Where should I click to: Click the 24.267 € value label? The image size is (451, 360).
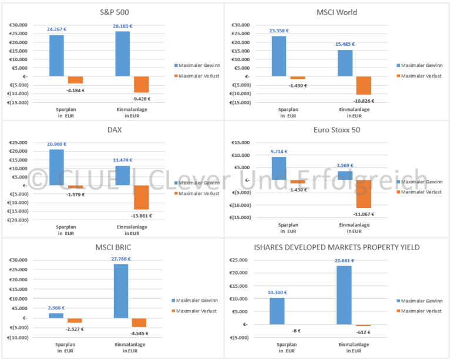[x=56, y=28]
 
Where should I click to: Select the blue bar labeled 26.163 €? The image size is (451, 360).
[x=123, y=54]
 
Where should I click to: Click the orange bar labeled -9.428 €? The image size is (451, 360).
[x=142, y=85]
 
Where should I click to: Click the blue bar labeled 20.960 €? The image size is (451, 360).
[x=56, y=167]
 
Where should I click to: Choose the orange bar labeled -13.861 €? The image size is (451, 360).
[x=142, y=197]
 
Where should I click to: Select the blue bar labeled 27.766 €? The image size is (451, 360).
[x=122, y=291]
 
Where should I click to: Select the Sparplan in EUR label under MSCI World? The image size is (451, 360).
[x=280, y=112]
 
